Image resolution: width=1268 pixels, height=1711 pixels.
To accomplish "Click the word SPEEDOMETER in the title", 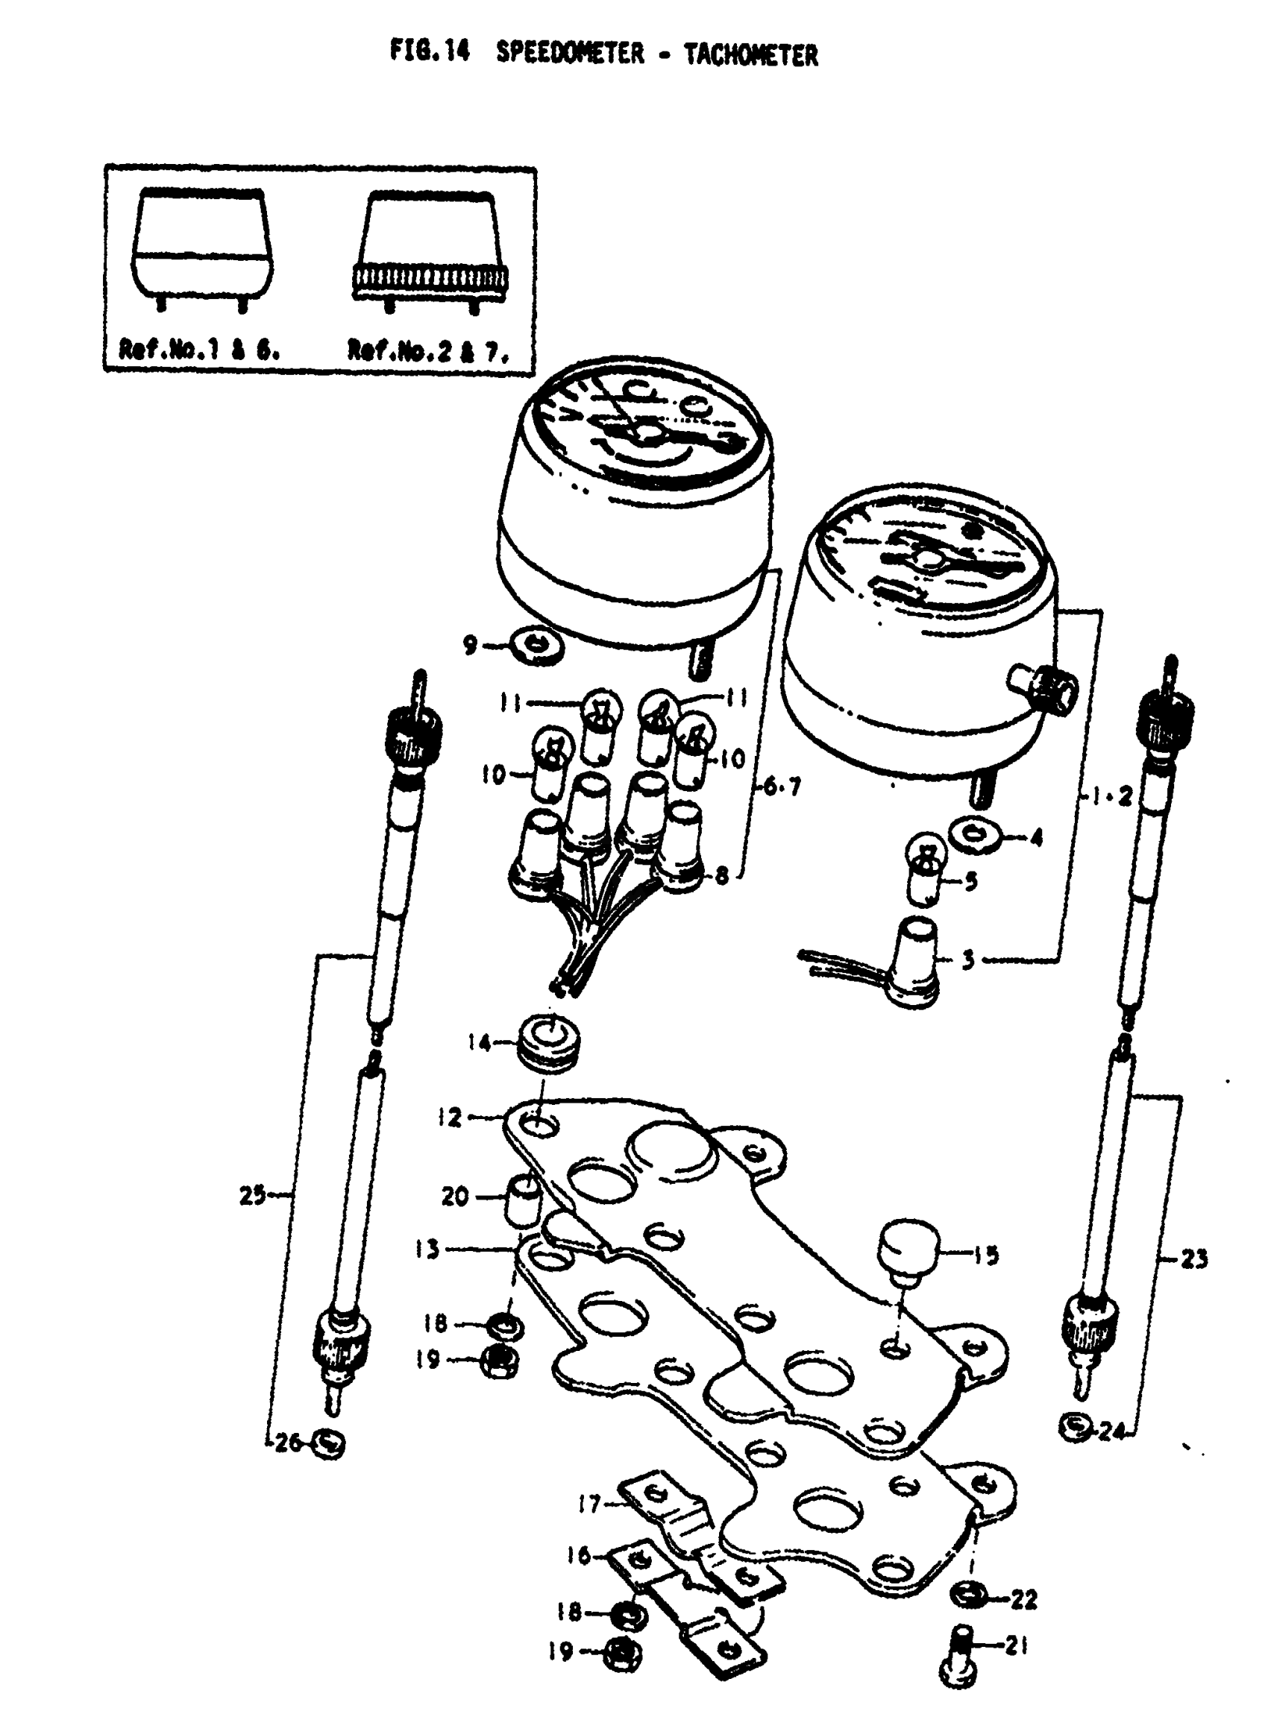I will click(x=570, y=54).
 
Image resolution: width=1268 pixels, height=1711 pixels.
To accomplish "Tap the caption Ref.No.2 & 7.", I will click(x=427, y=350).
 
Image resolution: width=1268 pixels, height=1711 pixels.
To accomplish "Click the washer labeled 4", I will click(x=976, y=835).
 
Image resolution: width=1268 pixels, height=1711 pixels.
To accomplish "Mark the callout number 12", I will click(x=451, y=1118).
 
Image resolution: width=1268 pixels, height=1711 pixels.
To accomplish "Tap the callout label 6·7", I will click(x=781, y=787).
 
